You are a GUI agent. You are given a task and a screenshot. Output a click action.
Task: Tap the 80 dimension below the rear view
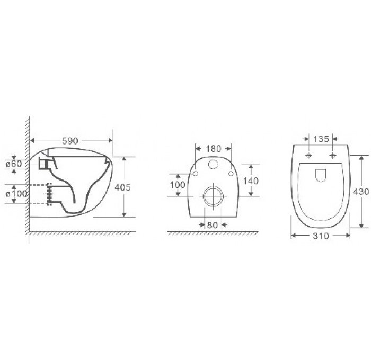[213, 224]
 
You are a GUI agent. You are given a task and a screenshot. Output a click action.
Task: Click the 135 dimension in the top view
[320, 139]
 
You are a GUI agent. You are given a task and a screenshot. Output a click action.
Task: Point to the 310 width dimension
[321, 236]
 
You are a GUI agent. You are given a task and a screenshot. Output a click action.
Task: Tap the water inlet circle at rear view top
[214, 164]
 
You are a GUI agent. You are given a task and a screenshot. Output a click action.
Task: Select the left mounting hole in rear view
[196, 174]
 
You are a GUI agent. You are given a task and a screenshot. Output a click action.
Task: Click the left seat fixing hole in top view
[307, 156]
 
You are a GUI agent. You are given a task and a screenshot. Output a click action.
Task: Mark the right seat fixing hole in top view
[333, 156]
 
